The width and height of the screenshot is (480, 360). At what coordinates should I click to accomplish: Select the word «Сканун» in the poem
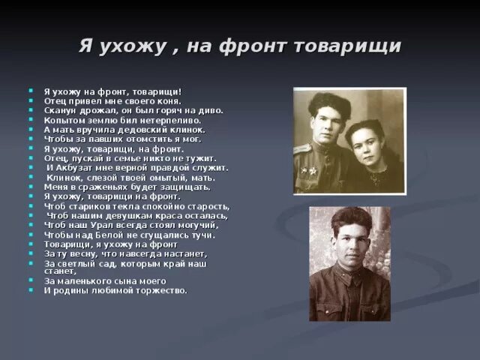coord(59,110)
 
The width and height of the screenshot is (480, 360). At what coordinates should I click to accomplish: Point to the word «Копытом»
coord(62,119)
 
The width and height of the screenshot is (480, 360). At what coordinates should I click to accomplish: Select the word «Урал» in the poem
coord(100,225)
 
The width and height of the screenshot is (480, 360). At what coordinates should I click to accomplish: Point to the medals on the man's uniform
coord(307,172)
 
